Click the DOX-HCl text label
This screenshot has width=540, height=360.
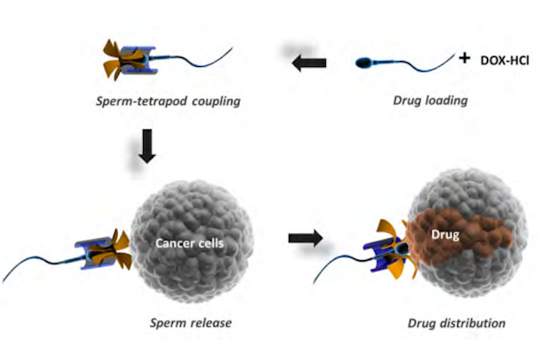[504, 61]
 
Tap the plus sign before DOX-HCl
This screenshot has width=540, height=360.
[464, 58]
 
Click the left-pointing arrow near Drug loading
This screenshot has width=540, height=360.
[309, 63]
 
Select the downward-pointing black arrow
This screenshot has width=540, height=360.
[147, 146]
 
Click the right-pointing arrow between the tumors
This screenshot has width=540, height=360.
[306, 238]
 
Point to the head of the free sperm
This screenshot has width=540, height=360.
[363, 63]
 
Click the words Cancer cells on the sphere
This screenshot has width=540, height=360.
[190, 243]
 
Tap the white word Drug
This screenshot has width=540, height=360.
[445, 235]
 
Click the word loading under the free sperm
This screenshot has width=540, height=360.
[447, 101]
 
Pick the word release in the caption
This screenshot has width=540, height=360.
[212, 323]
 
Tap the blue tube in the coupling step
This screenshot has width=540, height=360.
[140, 60]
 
